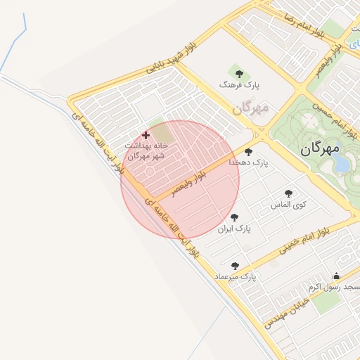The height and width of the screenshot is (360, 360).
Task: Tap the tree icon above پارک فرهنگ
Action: [x=238, y=72]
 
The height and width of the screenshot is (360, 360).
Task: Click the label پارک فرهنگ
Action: [x=239, y=84]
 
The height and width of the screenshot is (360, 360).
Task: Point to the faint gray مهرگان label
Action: [x=250, y=109]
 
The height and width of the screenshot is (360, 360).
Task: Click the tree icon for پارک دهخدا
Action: [x=248, y=151]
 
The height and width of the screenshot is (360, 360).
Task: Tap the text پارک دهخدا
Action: [x=249, y=162]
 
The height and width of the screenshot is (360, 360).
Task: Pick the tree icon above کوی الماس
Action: [x=288, y=193]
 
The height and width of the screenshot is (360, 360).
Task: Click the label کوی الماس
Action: [x=290, y=205]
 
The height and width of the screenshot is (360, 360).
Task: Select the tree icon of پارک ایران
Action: [x=234, y=217]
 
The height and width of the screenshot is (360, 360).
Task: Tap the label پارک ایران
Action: [x=234, y=229]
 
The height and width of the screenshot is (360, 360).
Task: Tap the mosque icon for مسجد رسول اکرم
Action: [x=336, y=276]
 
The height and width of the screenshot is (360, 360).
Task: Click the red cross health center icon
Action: [x=146, y=135]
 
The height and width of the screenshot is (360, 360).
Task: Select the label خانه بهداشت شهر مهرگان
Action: [x=146, y=150]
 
